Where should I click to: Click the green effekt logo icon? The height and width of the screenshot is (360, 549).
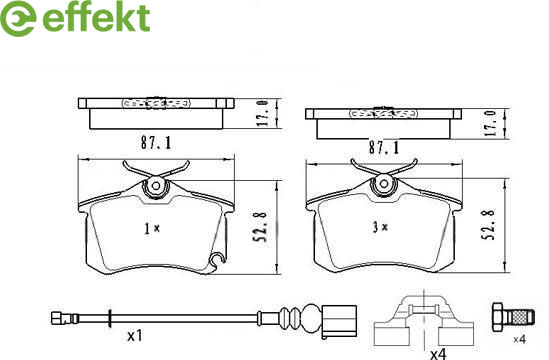(18, 18)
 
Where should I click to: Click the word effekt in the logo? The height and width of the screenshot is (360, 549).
(96, 17)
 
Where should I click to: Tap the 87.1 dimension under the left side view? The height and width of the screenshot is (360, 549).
(156, 143)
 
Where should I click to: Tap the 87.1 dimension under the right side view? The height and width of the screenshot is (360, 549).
(384, 147)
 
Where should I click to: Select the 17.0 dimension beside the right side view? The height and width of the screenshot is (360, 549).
(492, 123)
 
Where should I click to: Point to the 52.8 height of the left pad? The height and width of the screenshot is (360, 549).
(260, 226)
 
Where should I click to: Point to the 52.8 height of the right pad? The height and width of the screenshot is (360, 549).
(488, 224)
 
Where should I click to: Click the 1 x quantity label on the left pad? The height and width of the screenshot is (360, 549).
(152, 229)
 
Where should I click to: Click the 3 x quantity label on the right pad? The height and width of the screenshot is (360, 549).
(380, 227)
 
